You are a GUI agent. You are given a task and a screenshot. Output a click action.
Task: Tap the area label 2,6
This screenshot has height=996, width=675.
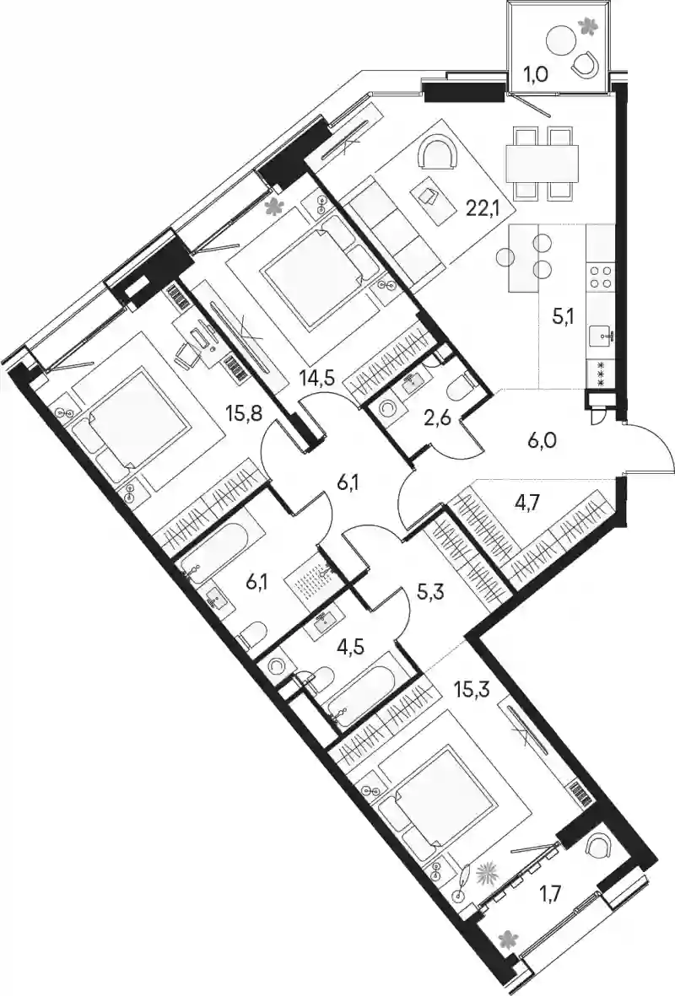coord(437,420)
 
